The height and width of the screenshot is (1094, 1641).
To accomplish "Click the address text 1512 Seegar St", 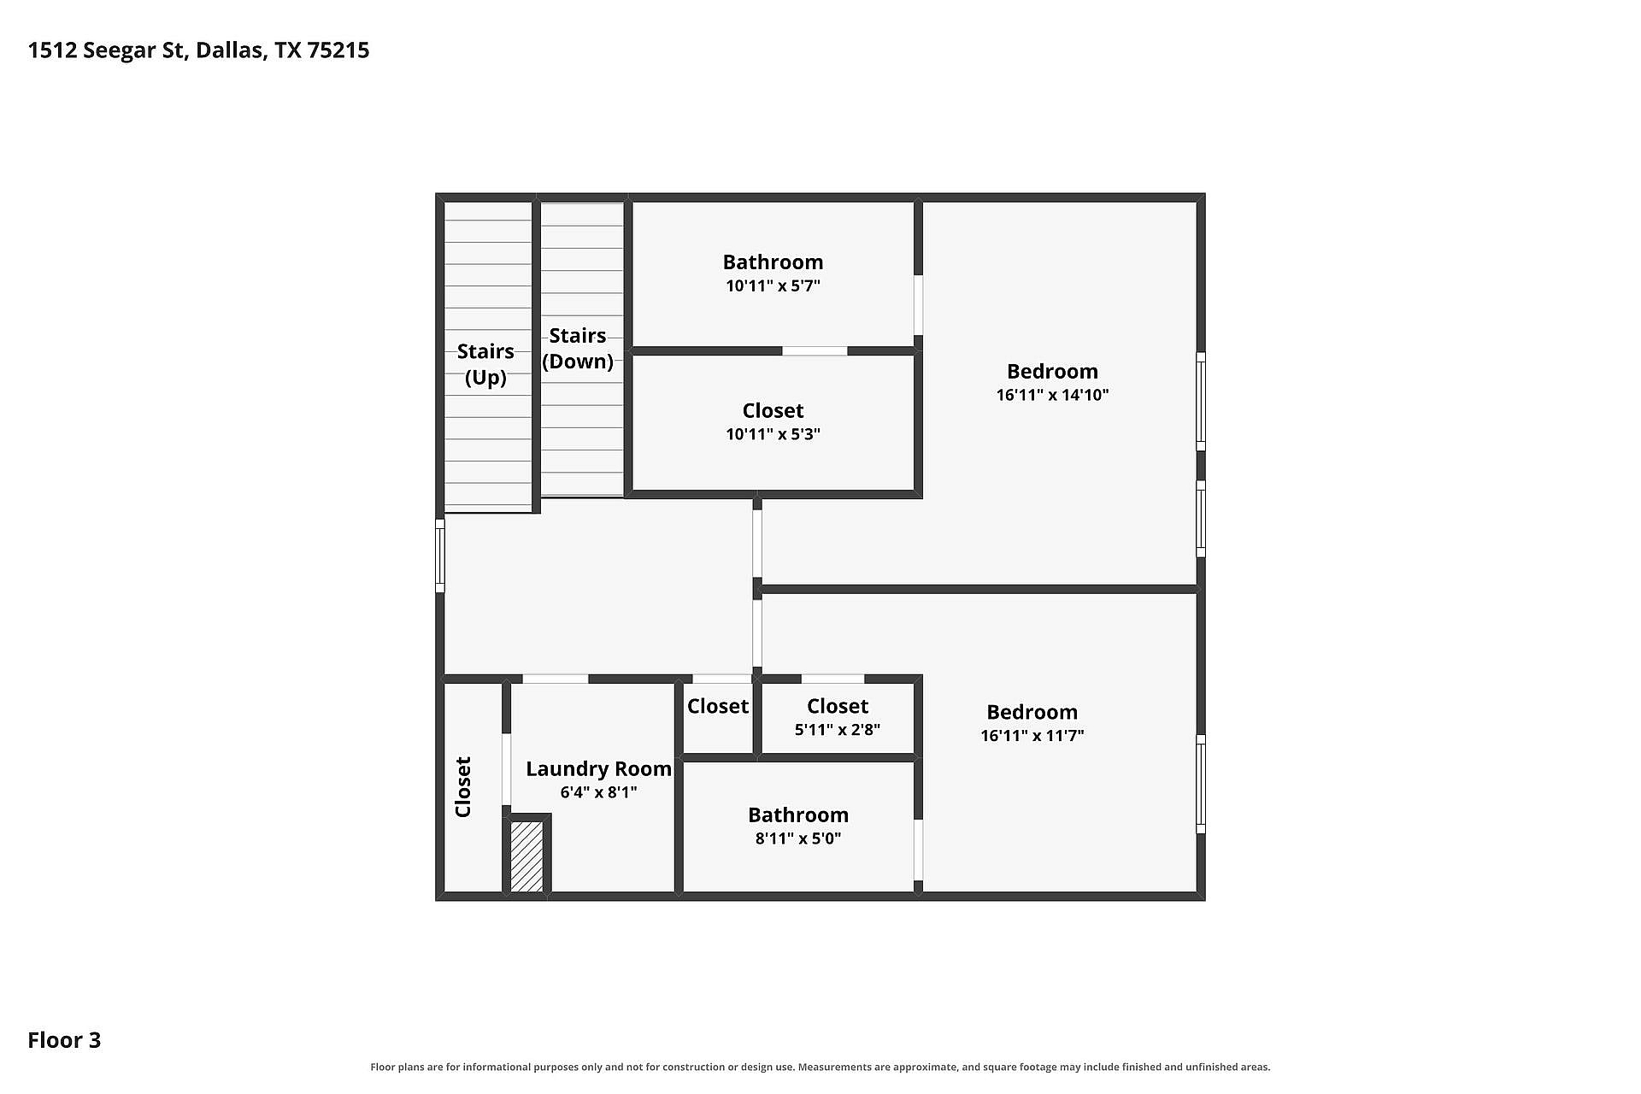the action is [x=107, y=50].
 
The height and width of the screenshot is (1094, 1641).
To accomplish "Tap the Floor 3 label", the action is [x=64, y=1040].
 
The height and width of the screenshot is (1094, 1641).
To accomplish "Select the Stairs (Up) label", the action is [x=485, y=364].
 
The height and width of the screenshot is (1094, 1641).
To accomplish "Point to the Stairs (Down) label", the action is [x=578, y=349].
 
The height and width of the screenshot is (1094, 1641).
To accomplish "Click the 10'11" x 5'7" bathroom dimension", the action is [x=773, y=285].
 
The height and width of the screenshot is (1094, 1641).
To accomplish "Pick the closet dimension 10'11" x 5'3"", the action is [x=773, y=434].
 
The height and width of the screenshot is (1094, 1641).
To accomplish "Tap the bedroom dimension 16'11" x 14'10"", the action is [x=1052, y=395].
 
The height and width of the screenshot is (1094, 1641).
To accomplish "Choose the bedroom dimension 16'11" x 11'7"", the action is [x=1032, y=736].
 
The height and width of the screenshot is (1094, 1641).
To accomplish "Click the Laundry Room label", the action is [x=598, y=769].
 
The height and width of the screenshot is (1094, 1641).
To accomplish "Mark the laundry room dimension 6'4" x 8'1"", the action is [x=598, y=792].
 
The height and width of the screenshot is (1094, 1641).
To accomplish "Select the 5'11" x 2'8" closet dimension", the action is [x=838, y=730].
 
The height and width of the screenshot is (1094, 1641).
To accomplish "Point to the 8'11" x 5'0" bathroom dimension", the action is [x=798, y=838].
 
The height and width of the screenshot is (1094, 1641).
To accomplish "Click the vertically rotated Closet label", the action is [x=463, y=787].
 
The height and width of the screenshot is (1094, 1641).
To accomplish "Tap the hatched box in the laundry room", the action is [x=526, y=856].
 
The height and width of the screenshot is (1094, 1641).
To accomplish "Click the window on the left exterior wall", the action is [x=440, y=556].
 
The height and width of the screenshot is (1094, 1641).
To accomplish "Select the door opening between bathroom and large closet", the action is [x=815, y=351].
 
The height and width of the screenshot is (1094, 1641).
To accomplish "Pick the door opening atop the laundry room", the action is [x=556, y=679].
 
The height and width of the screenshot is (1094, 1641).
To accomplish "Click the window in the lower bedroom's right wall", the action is [x=1201, y=784].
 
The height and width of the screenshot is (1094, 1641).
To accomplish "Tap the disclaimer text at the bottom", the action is [x=820, y=1067].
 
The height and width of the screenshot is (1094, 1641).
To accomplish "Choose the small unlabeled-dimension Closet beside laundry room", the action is [x=718, y=707].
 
